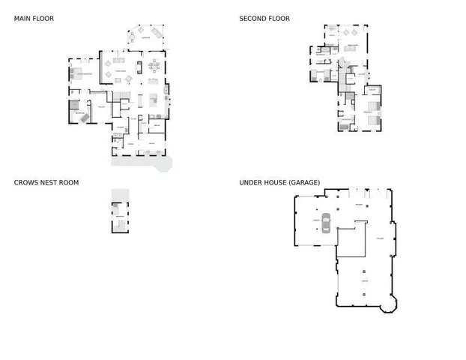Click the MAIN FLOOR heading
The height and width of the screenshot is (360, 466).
[x=34, y=19]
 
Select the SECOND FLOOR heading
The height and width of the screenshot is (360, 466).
[x=264, y=19]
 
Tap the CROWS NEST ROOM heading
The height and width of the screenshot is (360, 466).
[x=46, y=182]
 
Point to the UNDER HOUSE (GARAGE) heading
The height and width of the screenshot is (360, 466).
[x=279, y=182]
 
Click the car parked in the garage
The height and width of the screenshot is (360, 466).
[x=326, y=223]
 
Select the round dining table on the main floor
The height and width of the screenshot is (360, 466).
[x=154, y=64]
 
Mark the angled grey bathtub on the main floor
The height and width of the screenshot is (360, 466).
[x=85, y=118]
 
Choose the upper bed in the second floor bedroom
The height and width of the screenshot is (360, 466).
[x=374, y=105]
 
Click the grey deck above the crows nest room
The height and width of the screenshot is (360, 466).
[x=120, y=194]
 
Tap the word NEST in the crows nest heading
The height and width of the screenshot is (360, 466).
[x=49, y=182]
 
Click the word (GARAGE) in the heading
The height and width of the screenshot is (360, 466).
[x=305, y=182]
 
